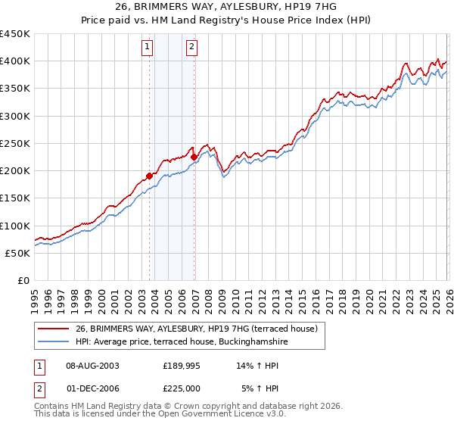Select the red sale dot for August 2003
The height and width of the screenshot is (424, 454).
tap(149, 176)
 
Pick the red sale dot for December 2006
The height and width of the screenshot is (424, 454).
tap(194, 157)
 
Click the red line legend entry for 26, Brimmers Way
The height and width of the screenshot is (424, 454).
tap(201, 329)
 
